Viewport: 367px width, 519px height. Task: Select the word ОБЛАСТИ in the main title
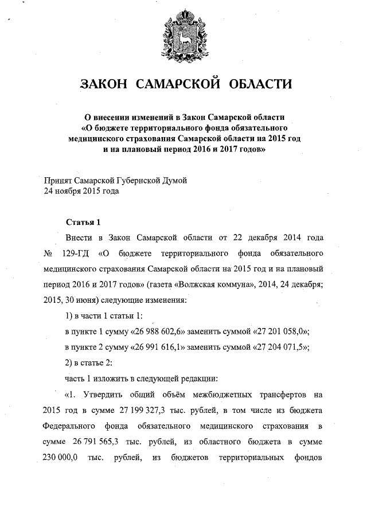coord(261,84)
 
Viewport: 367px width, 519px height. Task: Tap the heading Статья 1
coord(84,222)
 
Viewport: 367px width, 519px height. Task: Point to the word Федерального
coord(69,427)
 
